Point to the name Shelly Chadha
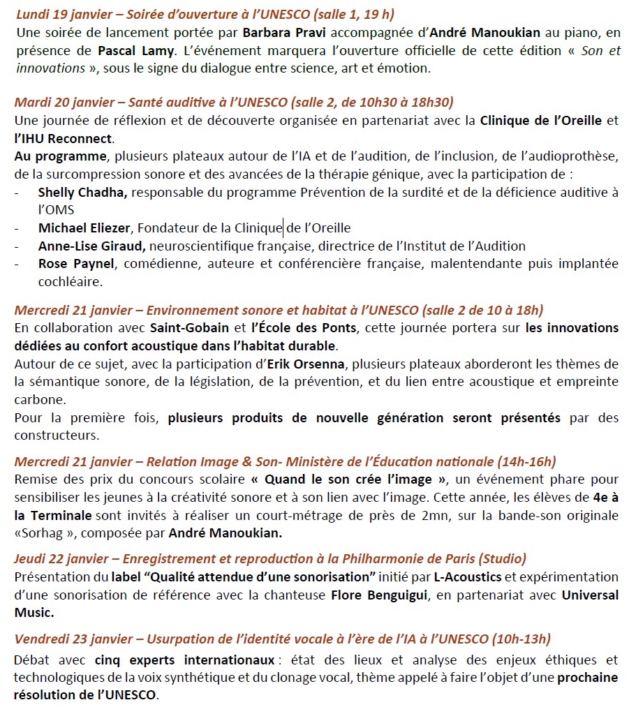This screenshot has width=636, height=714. (x=82, y=192)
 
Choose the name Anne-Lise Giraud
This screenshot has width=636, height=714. (x=91, y=246)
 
